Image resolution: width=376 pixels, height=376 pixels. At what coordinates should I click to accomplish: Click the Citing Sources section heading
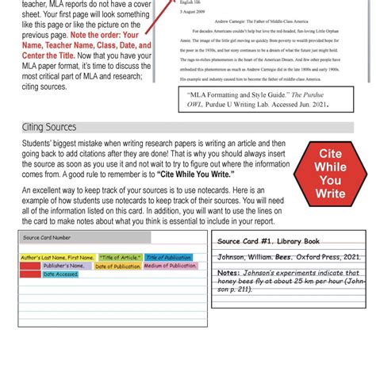click(x=49, y=127)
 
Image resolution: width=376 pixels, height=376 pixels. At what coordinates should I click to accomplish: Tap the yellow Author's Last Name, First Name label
click(x=58, y=258)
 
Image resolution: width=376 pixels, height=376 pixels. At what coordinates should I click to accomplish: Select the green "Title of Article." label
click(x=120, y=258)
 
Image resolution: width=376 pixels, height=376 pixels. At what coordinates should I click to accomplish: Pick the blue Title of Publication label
click(x=168, y=258)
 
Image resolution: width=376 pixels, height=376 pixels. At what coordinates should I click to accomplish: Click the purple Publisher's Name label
click(x=63, y=267)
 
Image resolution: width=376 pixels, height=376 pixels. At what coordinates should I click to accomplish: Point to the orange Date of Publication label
click(x=117, y=267)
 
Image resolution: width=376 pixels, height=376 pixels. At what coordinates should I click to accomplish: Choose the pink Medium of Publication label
click(x=170, y=267)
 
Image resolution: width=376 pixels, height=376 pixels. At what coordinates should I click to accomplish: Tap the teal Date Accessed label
click(x=60, y=274)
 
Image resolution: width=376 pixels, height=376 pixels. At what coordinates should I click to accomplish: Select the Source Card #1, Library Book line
click(x=268, y=241)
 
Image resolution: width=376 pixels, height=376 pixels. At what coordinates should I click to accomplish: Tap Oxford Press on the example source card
click(x=318, y=257)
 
